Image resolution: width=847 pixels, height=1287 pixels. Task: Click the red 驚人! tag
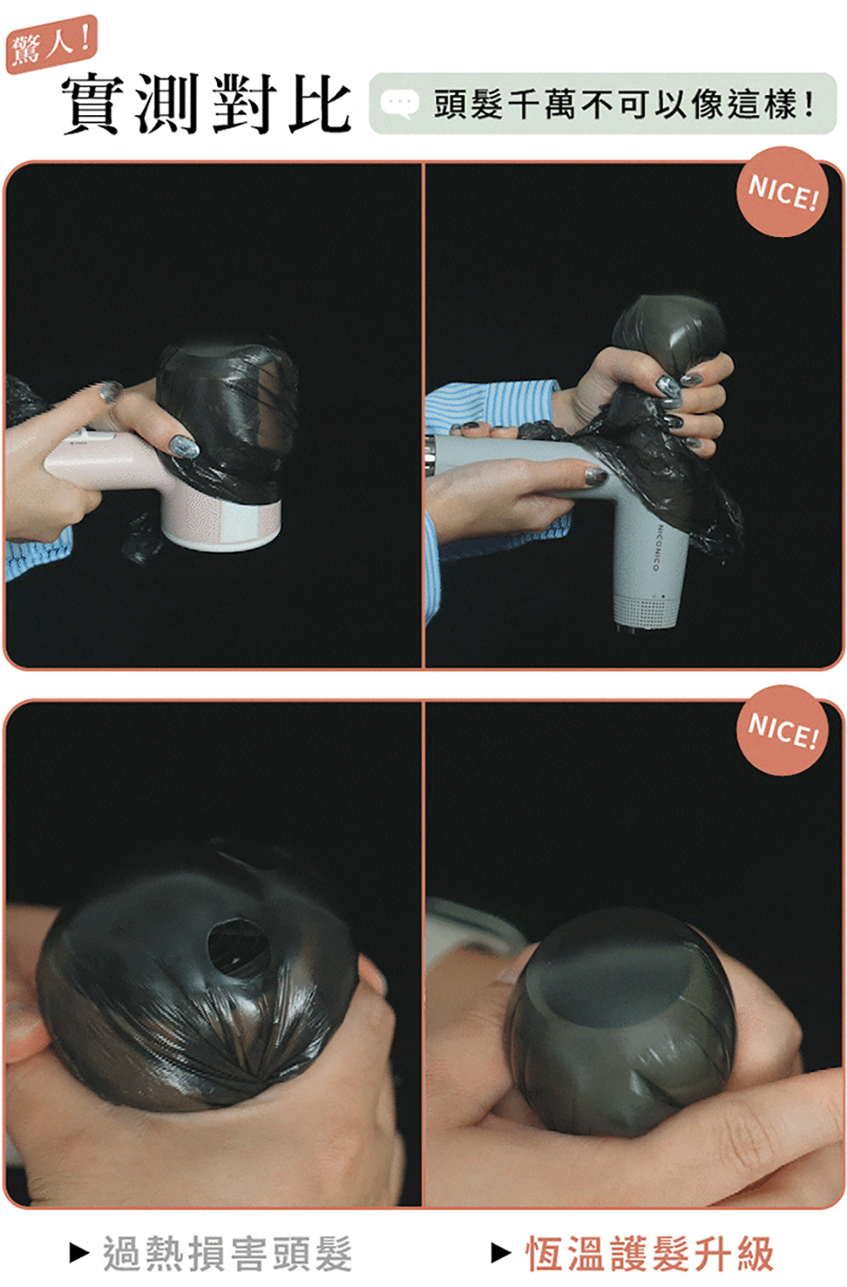(x=51, y=44)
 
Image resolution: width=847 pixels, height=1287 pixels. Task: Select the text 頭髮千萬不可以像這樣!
(x=624, y=105)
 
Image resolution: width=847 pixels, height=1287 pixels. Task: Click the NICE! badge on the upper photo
(x=782, y=192)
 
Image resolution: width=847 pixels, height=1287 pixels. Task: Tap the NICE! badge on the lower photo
(x=782, y=729)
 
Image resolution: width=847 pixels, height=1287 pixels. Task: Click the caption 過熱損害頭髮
(x=228, y=1253)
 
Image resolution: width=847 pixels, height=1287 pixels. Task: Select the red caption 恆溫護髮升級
(x=650, y=1253)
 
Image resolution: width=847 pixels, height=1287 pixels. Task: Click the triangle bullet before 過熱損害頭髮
(x=79, y=1253)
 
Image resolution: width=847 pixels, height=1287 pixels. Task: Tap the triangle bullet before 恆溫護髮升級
(x=501, y=1253)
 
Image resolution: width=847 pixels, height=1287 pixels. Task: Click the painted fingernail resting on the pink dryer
(x=184, y=445)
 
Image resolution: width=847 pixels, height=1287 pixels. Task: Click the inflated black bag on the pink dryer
(x=227, y=414)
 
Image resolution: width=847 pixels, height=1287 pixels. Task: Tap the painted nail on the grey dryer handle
(x=596, y=474)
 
